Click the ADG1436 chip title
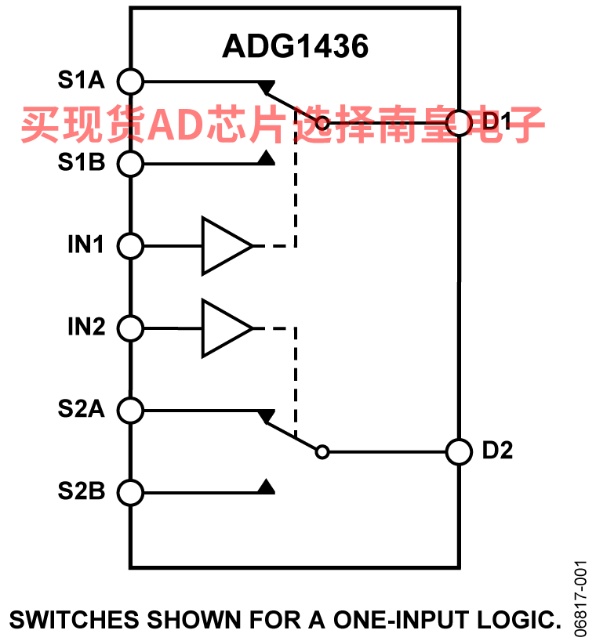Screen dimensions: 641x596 [x=295, y=47]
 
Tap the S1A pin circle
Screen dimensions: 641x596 [x=131, y=80]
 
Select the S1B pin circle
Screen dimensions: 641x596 [x=131, y=164]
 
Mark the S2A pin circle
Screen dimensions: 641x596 [x=131, y=410]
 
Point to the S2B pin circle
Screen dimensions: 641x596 [x=131, y=493]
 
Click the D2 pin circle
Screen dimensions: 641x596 [x=458, y=451]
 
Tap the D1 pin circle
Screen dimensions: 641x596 [x=458, y=123]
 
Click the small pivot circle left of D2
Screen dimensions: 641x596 [x=322, y=451]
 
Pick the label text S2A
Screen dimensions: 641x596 [x=81, y=409]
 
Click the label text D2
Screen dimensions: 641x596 [x=497, y=451]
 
